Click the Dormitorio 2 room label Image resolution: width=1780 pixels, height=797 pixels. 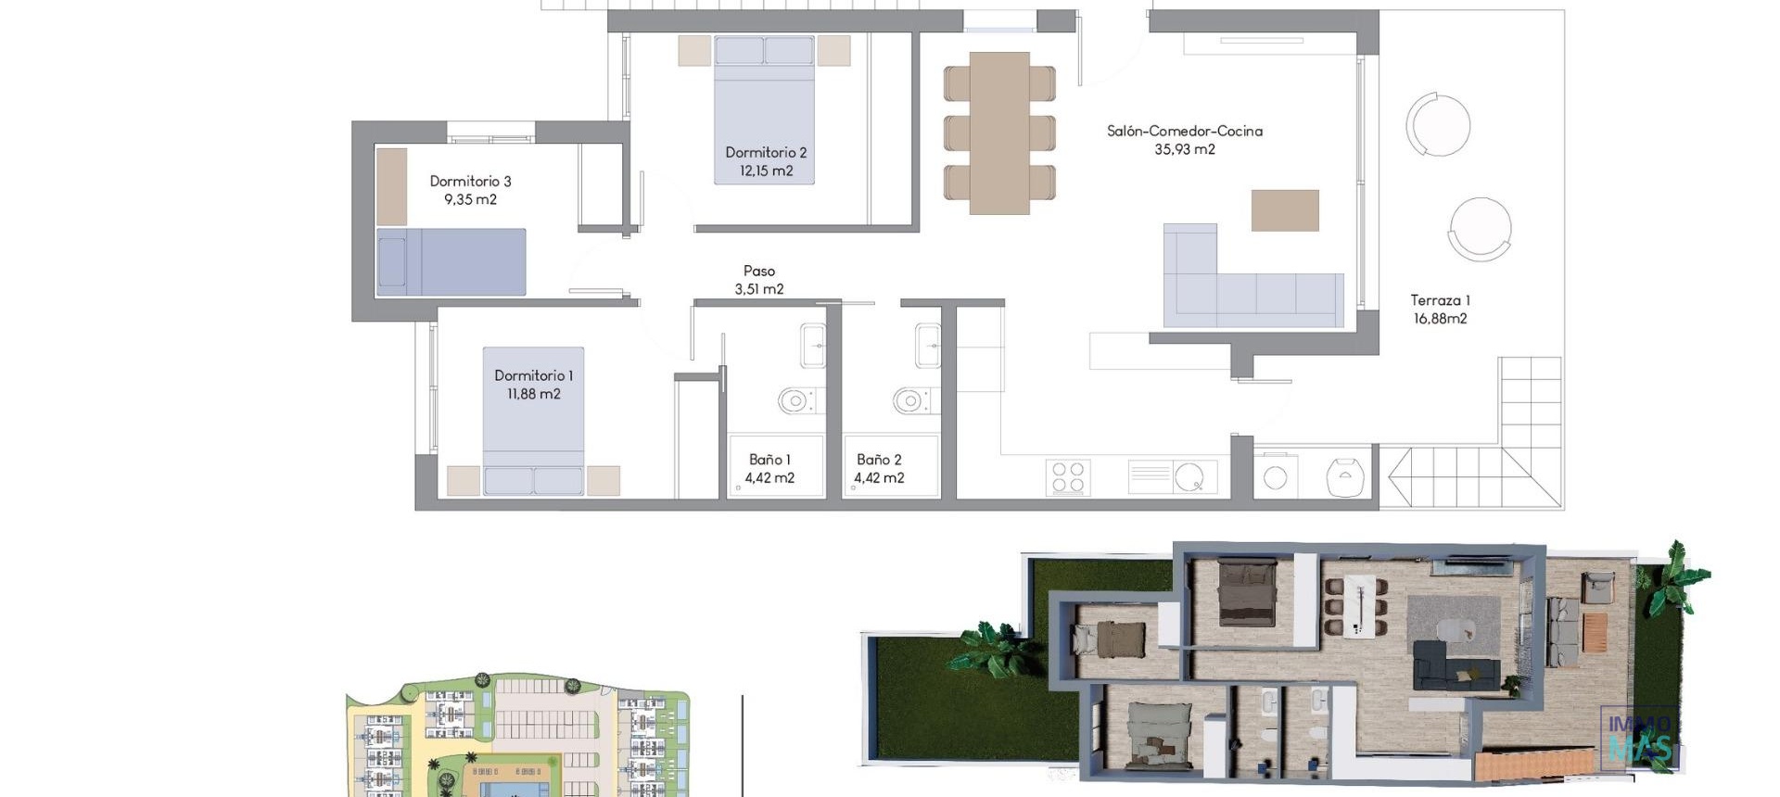click(x=766, y=152)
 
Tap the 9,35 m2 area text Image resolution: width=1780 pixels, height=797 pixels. click(x=470, y=199)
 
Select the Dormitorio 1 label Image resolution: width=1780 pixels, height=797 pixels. click(x=533, y=375)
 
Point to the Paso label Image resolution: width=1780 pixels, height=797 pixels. click(x=758, y=271)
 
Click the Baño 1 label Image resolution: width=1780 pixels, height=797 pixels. click(x=769, y=460)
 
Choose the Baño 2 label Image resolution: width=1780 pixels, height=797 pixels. click(x=879, y=460)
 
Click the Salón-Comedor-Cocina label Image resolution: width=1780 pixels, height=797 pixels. click(x=1184, y=131)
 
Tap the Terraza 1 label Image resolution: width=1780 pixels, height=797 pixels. click(x=1440, y=300)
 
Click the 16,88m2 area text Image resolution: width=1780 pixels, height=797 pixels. click(x=1440, y=319)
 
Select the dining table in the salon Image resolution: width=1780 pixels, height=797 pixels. click(x=999, y=133)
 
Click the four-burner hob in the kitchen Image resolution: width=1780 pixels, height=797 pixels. click(x=1067, y=478)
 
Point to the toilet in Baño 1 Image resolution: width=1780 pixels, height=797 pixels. click(x=795, y=400)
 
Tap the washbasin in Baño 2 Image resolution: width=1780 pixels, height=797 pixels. click(x=927, y=346)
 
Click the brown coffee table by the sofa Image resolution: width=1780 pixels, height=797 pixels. click(x=1285, y=210)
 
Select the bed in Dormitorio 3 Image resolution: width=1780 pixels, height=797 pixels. click(x=451, y=262)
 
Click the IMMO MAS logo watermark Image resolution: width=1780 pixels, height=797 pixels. click(x=1639, y=738)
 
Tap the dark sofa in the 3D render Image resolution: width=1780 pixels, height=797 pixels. click(x=1454, y=665)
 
